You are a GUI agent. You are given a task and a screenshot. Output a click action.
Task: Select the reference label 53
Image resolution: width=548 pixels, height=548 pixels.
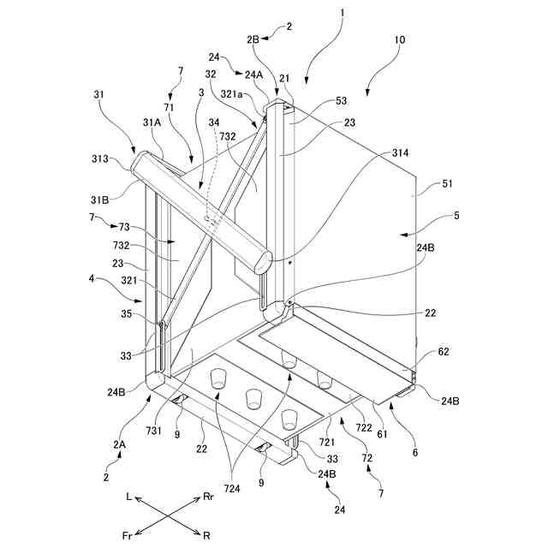click(318, 101)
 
